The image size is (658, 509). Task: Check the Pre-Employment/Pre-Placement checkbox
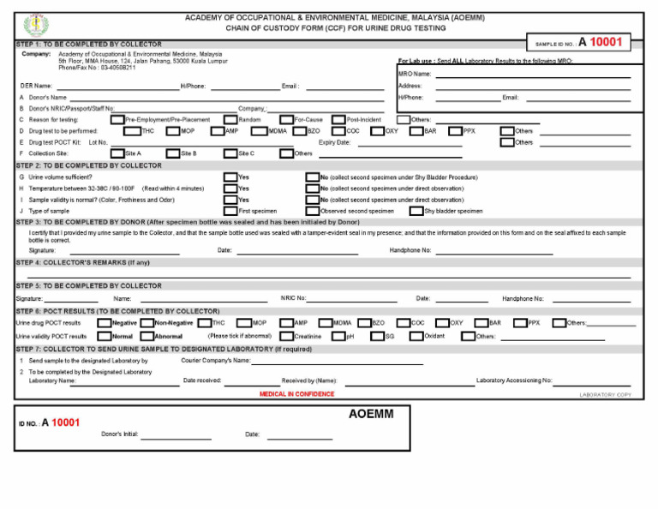point(117,120)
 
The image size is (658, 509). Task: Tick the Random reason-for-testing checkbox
point(230,120)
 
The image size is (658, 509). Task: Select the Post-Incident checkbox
point(338,120)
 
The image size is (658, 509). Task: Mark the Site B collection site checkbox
point(173,153)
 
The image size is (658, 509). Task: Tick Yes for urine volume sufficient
point(230,177)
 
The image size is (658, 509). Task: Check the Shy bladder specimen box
point(416,211)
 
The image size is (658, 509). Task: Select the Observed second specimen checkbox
point(313,211)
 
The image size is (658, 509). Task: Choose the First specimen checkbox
point(230,211)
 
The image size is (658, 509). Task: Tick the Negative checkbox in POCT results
point(104,323)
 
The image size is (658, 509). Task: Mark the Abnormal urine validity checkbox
point(147,337)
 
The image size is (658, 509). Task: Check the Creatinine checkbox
point(287,337)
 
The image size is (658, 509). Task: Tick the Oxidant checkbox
point(416,337)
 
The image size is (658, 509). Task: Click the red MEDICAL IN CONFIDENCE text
point(296,394)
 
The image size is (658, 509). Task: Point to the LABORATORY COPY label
point(605,395)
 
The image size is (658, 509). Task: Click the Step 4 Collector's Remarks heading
point(83,262)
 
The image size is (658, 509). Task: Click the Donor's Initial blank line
point(176,438)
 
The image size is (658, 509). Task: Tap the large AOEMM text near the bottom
point(371,415)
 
